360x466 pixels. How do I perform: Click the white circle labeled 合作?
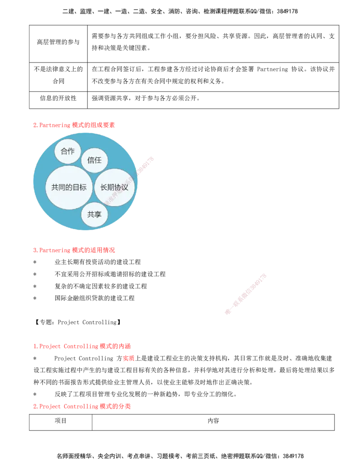(67, 151)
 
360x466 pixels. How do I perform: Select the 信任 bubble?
(94, 160)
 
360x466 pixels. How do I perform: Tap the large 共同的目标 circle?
(69, 187)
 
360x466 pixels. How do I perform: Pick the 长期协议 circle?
(114, 187)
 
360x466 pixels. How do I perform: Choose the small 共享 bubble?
(94, 215)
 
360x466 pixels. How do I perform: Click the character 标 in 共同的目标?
(83, 187)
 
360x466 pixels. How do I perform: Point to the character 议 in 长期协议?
(125, 187)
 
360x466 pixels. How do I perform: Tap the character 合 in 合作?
(64, 151)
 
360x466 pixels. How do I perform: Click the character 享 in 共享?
(98, 215)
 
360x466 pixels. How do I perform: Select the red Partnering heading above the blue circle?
(74, 125)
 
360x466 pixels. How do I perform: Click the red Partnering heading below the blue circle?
(74, 250)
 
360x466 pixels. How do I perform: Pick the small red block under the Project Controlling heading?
(129, 358)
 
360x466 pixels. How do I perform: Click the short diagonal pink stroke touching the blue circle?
(145, 165)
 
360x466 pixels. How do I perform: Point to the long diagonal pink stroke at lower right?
(245, 293)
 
